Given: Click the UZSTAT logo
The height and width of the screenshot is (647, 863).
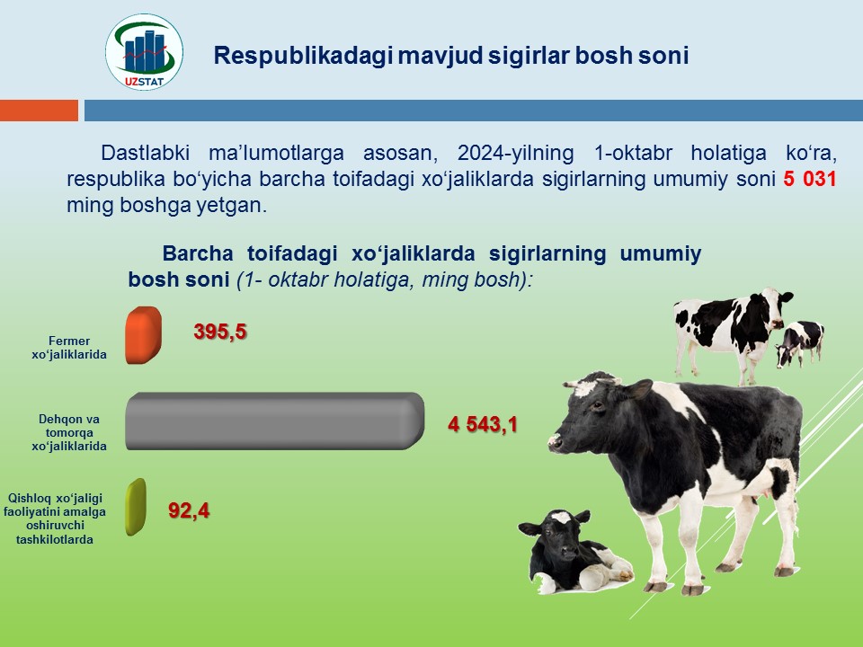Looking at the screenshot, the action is click(144, 52).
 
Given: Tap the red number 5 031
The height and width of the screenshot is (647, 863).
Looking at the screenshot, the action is click(810, 179).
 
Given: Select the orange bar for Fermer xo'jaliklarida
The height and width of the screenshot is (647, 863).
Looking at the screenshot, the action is click(144, 335).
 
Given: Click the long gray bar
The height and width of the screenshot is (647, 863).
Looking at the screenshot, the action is click(275, 421).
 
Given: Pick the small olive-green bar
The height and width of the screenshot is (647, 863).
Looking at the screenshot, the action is click(136, 507).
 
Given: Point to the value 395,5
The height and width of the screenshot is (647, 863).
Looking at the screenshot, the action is click(220, 332).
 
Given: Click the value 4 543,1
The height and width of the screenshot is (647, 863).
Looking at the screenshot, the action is click(483, 424).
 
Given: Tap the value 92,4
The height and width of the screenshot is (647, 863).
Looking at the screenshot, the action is click(189, 510).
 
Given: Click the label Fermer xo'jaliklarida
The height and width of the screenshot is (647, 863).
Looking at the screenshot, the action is click(69, 348).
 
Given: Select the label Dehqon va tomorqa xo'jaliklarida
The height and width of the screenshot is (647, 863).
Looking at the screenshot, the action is click(69, 432).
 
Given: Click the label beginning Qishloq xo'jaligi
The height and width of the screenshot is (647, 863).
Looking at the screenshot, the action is click(55, 518).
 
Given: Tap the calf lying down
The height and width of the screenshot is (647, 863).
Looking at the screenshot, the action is click(575, 551).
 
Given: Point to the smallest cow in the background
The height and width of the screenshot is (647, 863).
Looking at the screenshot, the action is click(800, 343).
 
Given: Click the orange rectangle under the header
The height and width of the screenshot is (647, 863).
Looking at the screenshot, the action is click(39, 110).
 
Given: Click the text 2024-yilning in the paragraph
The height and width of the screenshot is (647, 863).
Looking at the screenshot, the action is click(515, 153).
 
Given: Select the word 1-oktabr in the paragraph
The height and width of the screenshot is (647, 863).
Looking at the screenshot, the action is click(633, 153).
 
